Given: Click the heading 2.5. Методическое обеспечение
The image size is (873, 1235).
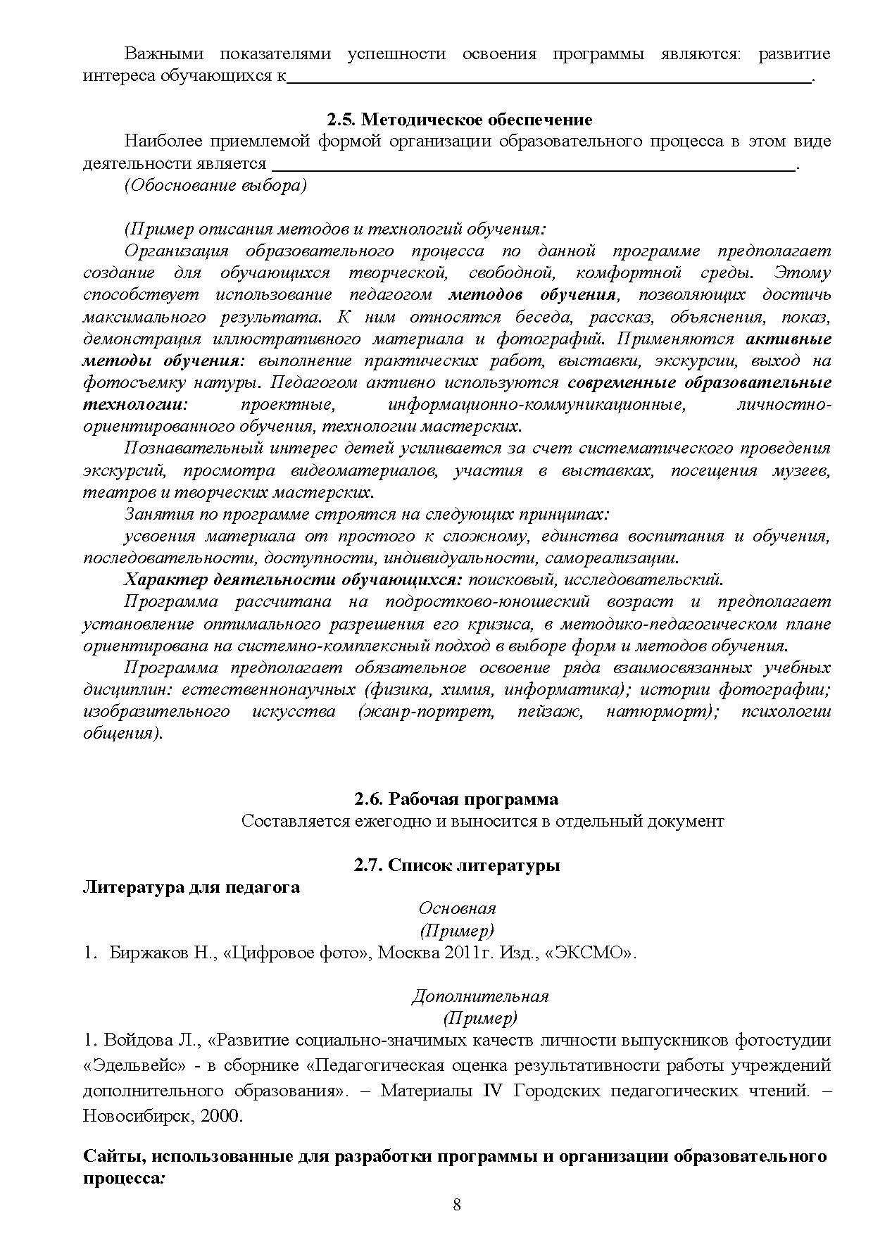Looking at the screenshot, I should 459,120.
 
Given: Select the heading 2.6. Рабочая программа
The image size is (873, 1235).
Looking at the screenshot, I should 456,799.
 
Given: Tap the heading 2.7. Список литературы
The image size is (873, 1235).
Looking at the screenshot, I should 456,865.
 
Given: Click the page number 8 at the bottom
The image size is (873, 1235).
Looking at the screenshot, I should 456,1205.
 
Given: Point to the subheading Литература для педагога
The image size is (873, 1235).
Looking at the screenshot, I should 191,887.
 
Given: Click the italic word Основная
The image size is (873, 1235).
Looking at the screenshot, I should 457,908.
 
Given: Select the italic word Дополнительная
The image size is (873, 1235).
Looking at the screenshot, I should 479,996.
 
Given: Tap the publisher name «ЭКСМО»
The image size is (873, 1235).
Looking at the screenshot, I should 590,953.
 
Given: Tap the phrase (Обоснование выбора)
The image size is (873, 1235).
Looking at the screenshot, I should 215,186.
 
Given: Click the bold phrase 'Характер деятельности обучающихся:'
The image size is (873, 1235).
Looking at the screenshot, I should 293,580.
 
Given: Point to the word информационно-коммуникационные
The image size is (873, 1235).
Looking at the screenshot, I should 536,406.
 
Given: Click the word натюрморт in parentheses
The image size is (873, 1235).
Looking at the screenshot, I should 661,712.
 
